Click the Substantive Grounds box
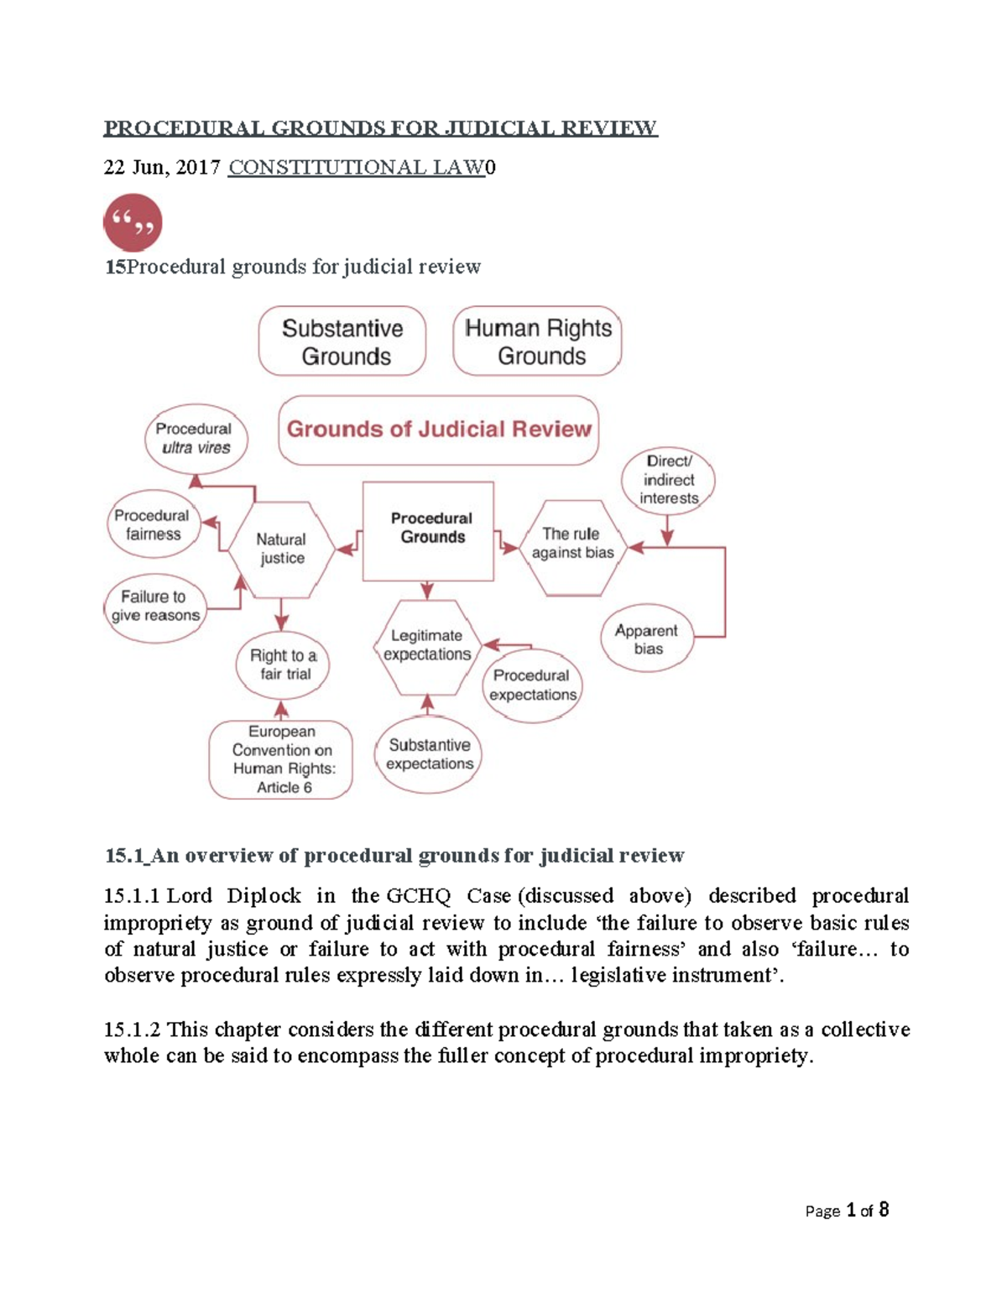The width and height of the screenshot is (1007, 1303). [342, 341]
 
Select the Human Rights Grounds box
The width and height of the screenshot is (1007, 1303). [538, 341]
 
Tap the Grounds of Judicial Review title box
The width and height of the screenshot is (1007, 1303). [439, 430]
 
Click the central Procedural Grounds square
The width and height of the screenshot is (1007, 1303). [429, 529]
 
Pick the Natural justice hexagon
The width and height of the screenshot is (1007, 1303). [281, 550]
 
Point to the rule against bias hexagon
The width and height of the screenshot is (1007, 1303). [572, 544]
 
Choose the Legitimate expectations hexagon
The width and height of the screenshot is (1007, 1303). [427, 645]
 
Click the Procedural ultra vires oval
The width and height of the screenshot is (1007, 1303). [194, 438]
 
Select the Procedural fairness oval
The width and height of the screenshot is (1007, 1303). [152, 524]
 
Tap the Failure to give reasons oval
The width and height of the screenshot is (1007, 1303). [155, 606]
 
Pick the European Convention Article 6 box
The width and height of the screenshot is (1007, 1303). [282, 759]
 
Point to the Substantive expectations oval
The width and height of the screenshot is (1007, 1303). [430, 754]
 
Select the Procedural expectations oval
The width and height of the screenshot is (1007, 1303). [532, 685]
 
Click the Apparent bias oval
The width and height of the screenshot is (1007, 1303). [647, 639]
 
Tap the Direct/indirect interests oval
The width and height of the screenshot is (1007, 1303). [669, 480]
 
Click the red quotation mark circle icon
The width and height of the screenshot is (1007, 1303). [133, 223]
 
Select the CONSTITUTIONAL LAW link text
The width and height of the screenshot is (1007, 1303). [357, 168]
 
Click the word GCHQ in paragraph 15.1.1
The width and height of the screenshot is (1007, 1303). [418, 896]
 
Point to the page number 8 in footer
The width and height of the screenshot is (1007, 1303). [884, 1210]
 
